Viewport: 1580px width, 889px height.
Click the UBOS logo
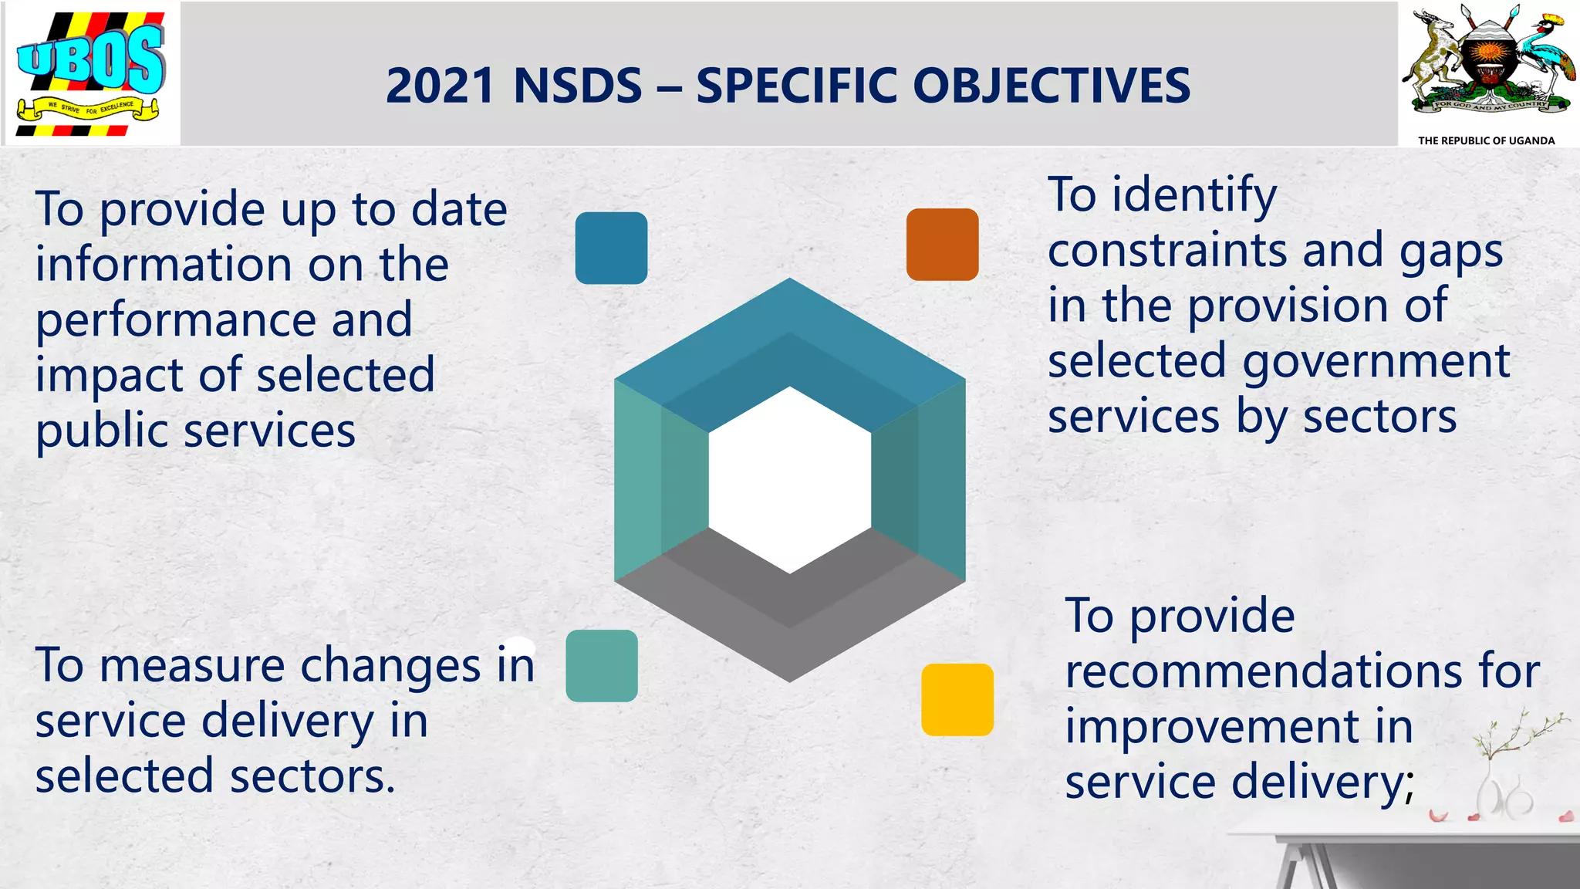91,74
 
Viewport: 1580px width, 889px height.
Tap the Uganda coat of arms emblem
1487,62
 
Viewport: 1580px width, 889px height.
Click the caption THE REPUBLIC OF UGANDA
1486,140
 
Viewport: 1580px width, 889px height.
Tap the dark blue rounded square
611,248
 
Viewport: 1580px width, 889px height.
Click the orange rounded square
942,244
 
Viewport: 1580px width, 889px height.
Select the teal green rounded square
602,665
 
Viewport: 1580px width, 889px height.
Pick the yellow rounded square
957,699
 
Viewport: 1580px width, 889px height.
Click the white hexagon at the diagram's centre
789,480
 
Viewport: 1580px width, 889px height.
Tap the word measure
192,665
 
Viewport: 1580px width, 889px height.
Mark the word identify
1194,195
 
